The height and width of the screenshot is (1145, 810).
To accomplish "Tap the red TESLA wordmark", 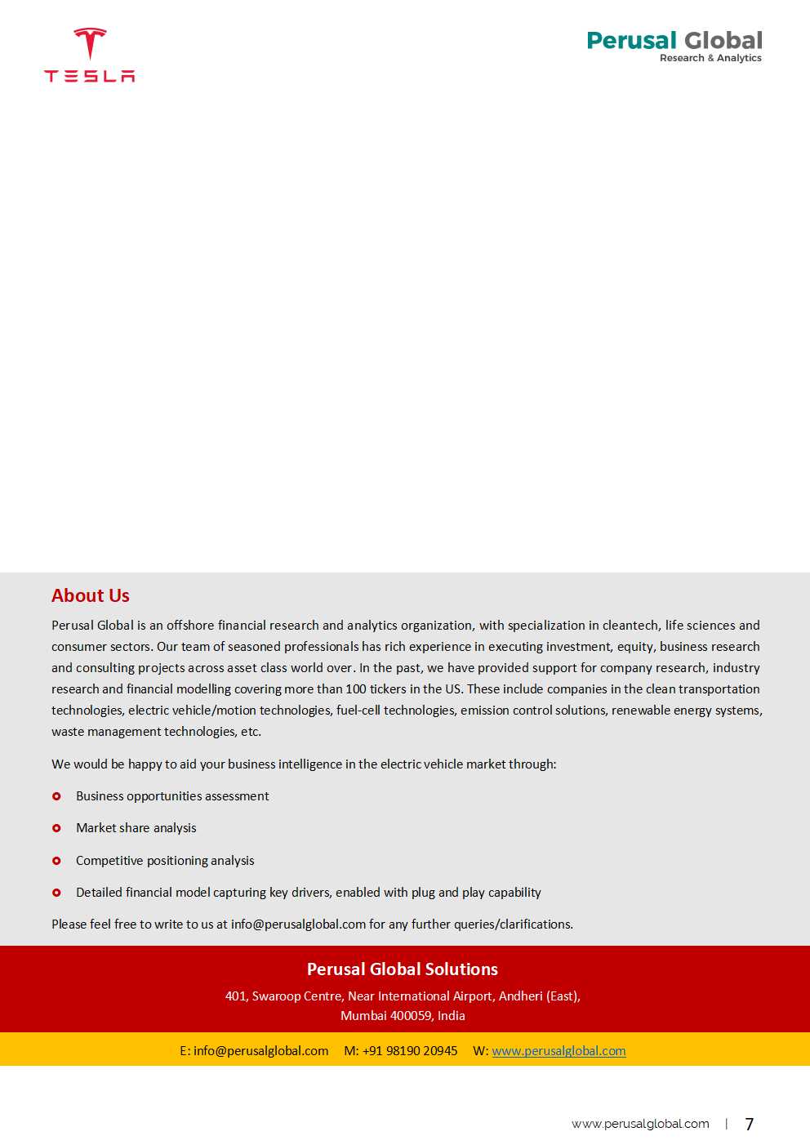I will pos(90,76).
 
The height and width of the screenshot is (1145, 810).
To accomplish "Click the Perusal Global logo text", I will pos(674,41).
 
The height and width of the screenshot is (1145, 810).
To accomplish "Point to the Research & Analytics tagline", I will pos(710,58).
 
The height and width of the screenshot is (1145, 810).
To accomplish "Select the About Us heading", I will pos(91,596).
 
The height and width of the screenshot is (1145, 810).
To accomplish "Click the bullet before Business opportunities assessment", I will pos(56,796).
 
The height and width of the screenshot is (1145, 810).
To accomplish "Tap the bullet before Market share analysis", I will pos(56,828).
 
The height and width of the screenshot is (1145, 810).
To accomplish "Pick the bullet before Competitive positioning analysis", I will pos(56,861).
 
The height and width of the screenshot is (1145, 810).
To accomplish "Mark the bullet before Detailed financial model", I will pos(56,893).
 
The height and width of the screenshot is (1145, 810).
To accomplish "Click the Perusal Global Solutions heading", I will pos(403,969).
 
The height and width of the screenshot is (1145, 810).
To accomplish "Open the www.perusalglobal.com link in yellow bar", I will pos(559,1051).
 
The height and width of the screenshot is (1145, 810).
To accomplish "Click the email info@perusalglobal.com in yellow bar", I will pos(260,1051).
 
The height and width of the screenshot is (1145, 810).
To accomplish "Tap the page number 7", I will pos(750,1125).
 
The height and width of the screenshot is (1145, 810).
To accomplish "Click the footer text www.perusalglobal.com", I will pos(640,1125).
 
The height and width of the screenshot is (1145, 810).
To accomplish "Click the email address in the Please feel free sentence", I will pos(298,924).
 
